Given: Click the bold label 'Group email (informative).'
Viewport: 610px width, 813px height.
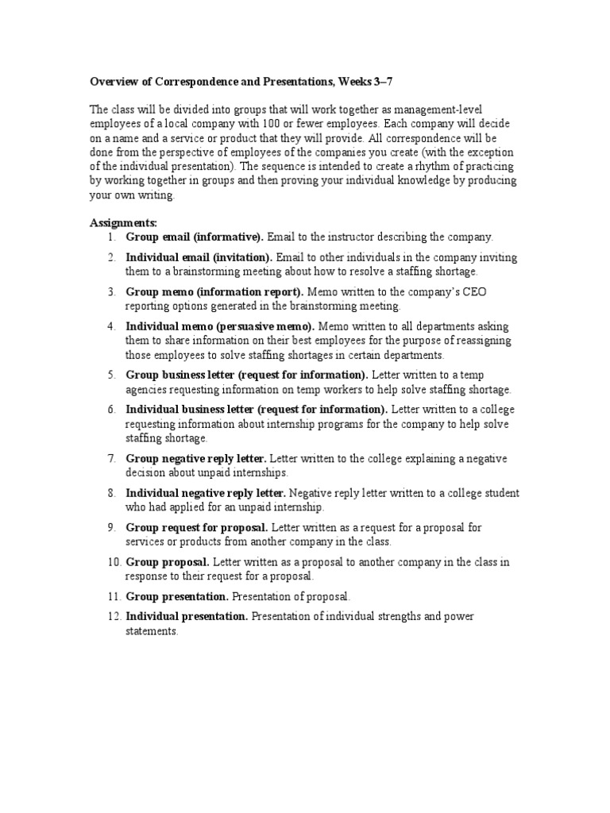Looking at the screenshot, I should tap(195, 237).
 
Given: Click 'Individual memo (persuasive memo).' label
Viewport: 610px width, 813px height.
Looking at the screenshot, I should tap(220, 326).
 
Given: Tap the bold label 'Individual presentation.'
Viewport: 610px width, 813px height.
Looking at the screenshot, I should tap(187, 617).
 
